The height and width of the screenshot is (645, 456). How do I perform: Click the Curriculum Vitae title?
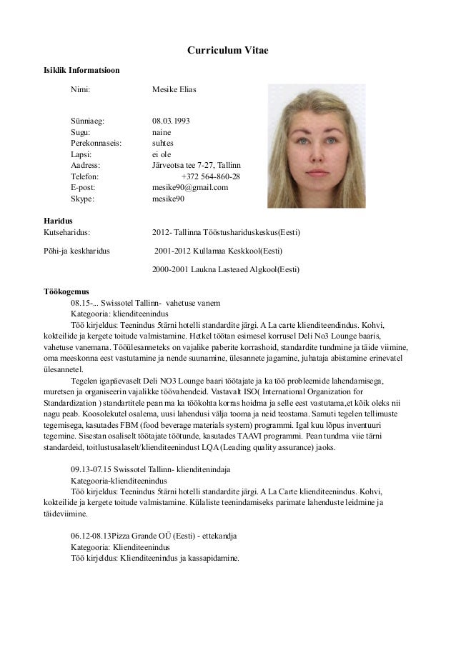(227, 51)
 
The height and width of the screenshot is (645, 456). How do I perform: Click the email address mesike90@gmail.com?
(190, 187)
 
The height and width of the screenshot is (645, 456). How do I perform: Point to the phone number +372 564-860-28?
(211, 176)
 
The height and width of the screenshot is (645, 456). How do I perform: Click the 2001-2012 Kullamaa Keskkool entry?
(219, 251)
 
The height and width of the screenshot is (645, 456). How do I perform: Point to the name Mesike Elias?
(174, 91)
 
